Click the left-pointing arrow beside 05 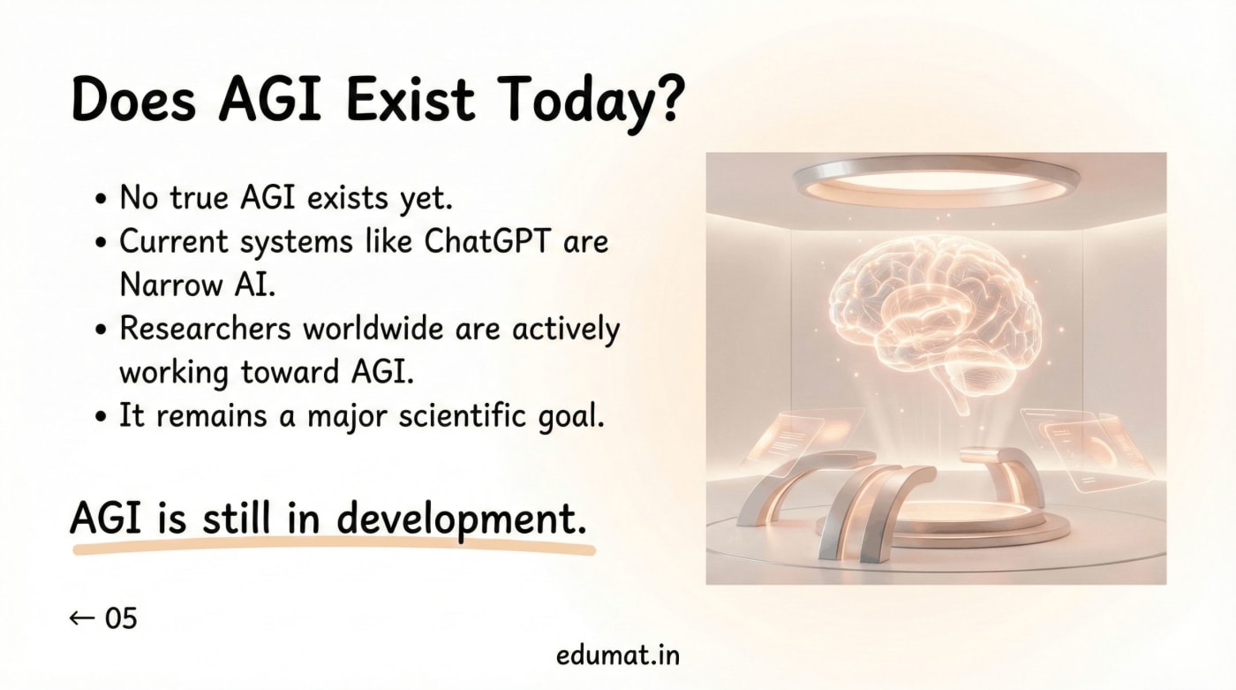click(82, 618)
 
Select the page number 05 click(121, 618)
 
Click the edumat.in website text click(618, 656)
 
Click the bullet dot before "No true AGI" click(102, 200)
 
